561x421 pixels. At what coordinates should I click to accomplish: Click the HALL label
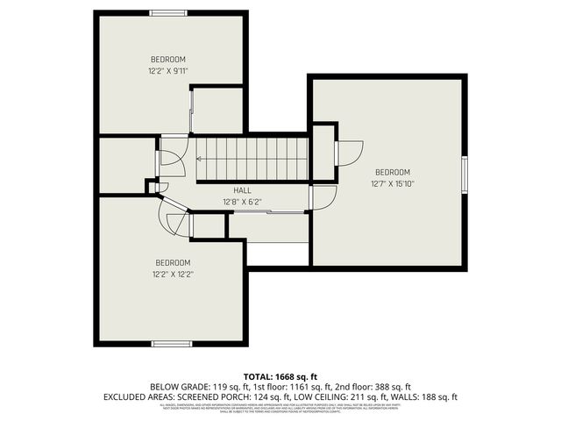tap(243, 190)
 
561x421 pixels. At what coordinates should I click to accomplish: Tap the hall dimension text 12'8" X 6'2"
tap(243, 203)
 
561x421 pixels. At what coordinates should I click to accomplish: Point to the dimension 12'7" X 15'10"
tap(393, 184)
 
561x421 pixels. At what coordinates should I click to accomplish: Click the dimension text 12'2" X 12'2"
tap(174, 275)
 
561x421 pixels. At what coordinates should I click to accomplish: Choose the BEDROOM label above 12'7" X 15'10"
tap(393, 172)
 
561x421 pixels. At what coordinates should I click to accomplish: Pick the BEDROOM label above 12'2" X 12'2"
tap(174, 262)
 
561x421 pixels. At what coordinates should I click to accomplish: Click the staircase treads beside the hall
tap(254, 158)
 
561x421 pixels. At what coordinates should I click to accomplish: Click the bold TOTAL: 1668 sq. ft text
tap(280, 375)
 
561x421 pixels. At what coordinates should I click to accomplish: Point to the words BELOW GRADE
tap(177, 386)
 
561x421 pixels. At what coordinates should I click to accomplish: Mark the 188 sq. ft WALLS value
tap(438, 397)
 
